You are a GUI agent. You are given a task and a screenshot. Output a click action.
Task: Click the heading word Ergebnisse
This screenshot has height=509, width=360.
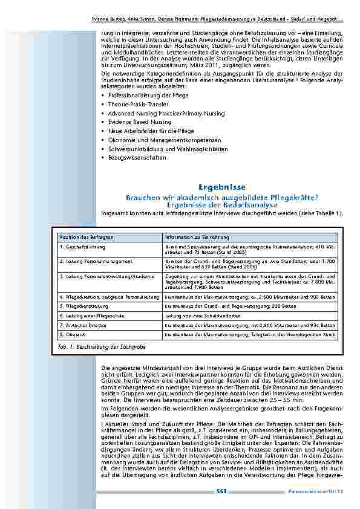click(221, 188)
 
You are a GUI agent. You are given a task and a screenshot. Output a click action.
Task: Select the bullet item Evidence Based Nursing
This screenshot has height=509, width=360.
click(131, 122)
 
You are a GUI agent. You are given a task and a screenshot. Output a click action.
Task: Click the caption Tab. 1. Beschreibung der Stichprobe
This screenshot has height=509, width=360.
click(98, 349)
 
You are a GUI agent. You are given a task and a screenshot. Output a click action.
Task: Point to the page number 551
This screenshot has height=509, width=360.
click(221, 491)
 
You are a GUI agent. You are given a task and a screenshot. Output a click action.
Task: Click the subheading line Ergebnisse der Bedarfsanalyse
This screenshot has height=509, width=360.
click(221, 205)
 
